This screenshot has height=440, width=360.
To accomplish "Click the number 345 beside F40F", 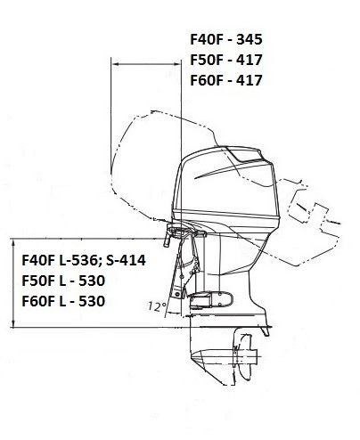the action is [250, 39].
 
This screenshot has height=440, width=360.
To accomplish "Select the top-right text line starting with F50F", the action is [226, 60].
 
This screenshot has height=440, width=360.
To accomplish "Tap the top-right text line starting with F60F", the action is [226, 80].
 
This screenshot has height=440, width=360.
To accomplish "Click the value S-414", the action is [126, 260].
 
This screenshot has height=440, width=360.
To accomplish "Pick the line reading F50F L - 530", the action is [63, 281].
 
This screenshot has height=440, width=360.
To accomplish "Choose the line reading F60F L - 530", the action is [63, 301].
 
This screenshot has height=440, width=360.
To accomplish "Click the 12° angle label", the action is [157, 306].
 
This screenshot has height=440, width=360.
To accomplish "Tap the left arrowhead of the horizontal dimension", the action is [115, 64].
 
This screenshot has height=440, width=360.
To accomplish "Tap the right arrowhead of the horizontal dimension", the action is [177, 64].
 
